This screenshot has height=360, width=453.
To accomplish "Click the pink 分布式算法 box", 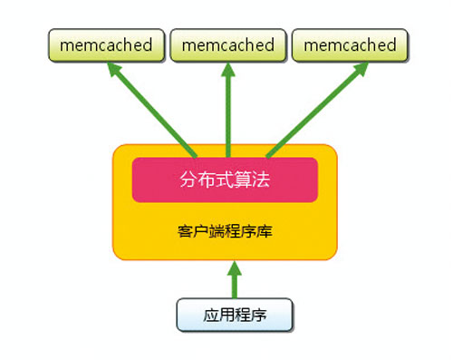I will coord(225,180).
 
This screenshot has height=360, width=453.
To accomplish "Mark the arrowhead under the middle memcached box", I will coord(228,71).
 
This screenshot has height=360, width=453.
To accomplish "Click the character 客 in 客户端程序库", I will coord(185,230).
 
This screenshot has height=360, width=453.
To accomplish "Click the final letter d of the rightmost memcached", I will coord(390,44).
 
